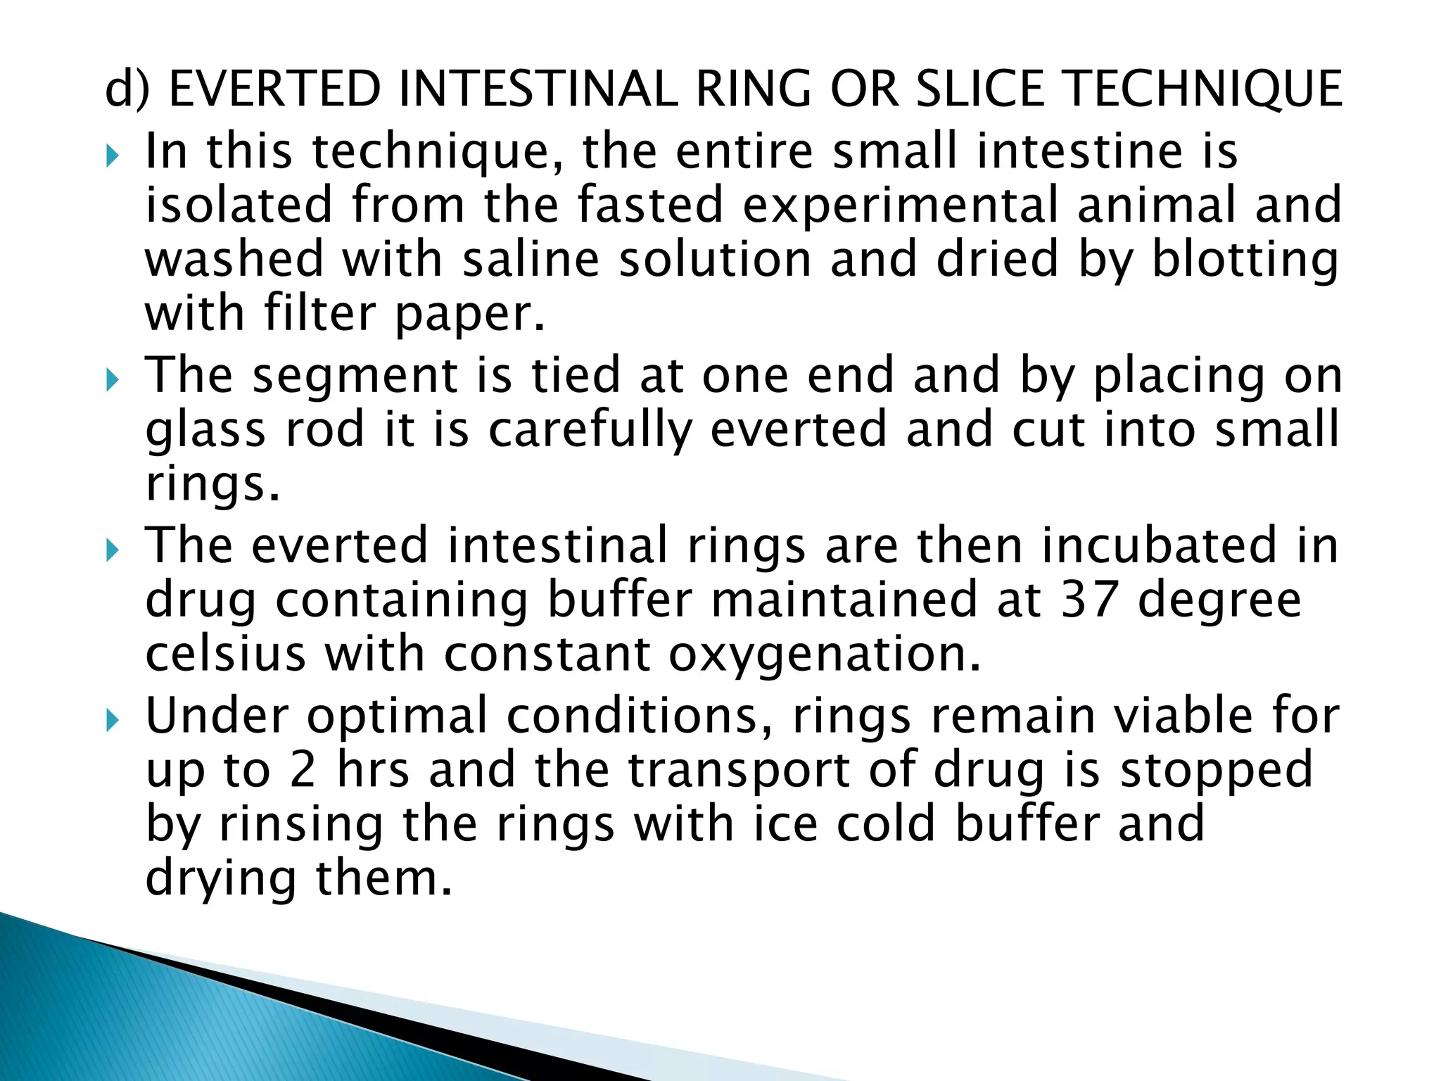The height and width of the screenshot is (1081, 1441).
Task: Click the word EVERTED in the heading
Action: pos(274,89)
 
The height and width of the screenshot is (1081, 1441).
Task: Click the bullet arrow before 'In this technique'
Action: pos(113,156)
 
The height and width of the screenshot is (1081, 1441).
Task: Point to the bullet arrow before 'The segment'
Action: pos(113,379)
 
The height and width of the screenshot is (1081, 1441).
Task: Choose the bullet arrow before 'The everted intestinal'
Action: pos(113,550)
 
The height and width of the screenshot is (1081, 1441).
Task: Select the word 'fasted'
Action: pos(651,205)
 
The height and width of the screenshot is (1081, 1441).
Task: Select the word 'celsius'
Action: pos(225,654)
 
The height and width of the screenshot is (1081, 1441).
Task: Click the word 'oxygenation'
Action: pos(824,655)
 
